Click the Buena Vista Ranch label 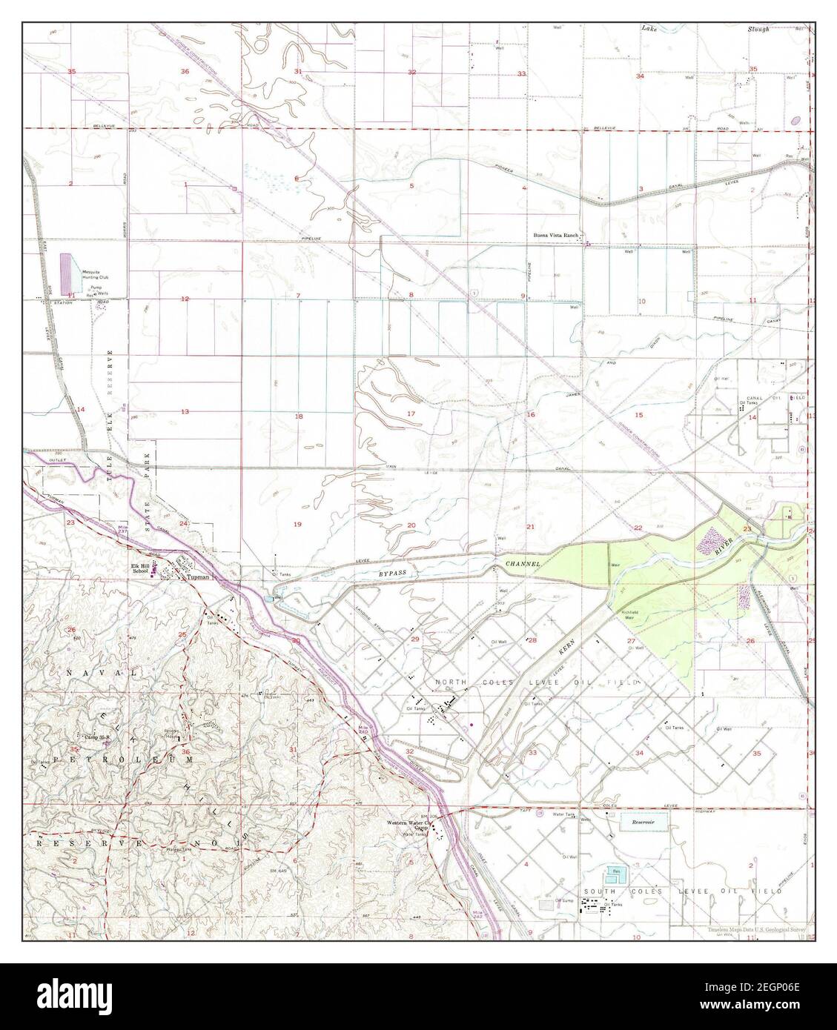(x=555, y=236)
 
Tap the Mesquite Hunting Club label (x=96, y=273)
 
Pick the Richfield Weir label (x=631, y=613)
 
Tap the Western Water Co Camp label (x=407, y=825)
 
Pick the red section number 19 (x=297, y=525)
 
